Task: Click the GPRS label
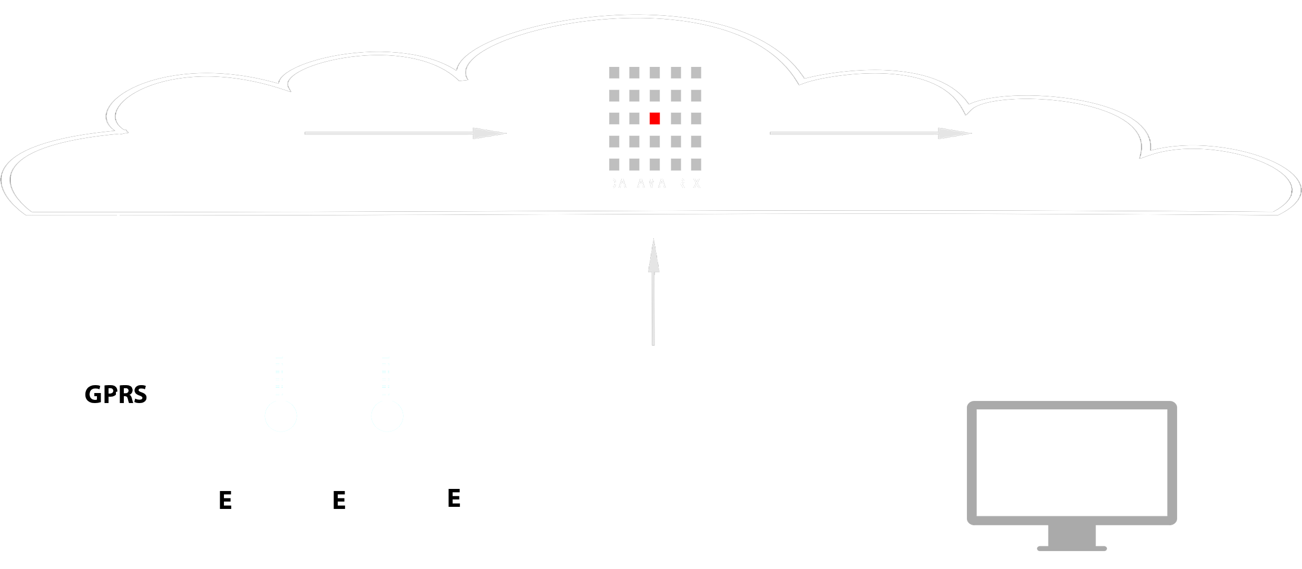click(116, 394)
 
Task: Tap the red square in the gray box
click(654, 119)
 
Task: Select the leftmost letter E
click(226, 501)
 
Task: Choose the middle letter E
click(339, 501)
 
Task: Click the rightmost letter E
click(454, 498)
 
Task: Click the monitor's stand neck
click(1072, 537)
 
